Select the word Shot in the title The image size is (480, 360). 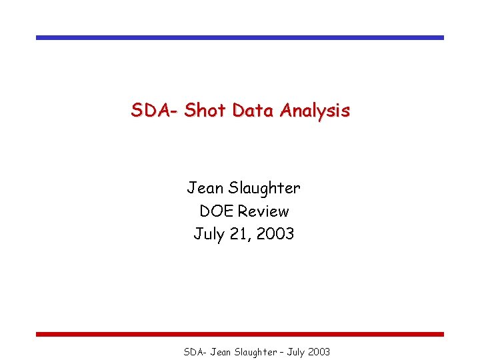tap(205, 110)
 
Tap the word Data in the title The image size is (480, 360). tap(254, 110)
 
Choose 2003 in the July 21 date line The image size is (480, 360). tap(276, 234)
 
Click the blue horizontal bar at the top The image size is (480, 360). tap(239, 38)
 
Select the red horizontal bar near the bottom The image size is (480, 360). tap(239, 334)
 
